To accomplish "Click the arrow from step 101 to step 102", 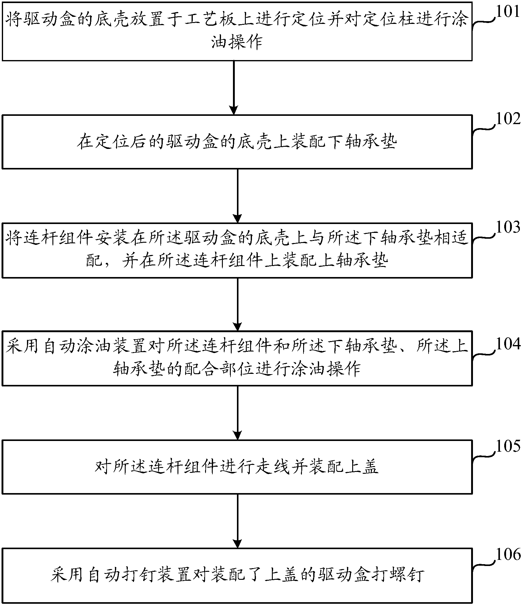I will (x=234, y=88).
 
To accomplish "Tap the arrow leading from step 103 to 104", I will (x=238, y=304).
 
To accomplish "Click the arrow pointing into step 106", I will (x=238, y=521).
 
